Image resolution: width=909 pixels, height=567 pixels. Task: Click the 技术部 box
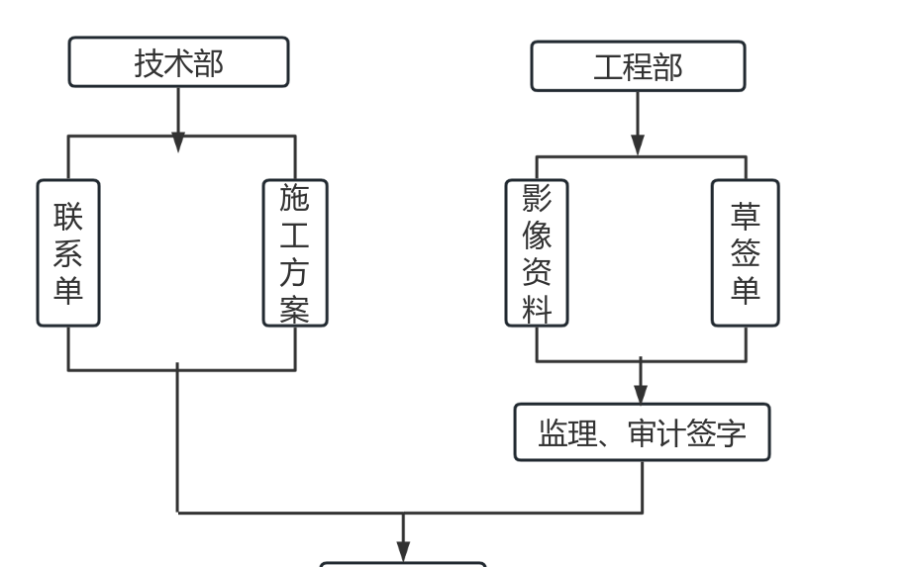(x=178, y=62)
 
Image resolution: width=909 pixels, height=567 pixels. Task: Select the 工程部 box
(x=638, y=66)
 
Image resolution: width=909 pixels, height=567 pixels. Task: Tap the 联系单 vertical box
(x=68, y=253)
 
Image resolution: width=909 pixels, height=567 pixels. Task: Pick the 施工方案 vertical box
(x=295, y=253)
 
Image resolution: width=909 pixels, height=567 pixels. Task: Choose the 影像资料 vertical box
(x=537, y=253)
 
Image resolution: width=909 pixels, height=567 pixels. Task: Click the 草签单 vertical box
(x=745, y=253)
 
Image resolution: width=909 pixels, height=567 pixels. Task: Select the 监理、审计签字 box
(x=643, y=432)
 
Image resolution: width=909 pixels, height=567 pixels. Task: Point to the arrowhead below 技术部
(x=178, y=142)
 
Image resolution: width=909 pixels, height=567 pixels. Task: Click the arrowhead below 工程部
(x=638, y=145)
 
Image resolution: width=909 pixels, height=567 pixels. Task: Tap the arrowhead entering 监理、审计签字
(x=641, y=394)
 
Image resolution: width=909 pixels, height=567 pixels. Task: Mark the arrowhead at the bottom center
(x=403, y=551)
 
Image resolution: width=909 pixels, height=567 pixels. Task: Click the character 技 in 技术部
(x=149, y=63)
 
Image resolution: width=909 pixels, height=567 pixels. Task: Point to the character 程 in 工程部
(x=638, y=67)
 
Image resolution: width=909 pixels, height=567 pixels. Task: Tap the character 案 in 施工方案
(x=294, y=310)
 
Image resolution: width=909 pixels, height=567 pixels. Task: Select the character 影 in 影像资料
(x=537, y=198)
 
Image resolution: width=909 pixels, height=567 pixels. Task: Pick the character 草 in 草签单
(x=745, y=216)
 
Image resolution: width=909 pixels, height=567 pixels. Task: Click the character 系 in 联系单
(x=68, y=253)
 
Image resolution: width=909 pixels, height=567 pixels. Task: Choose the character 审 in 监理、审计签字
(x=642, y=433)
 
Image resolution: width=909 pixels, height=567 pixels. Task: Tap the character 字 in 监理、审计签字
(x=731, y=433)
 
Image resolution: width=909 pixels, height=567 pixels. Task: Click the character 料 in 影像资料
(x=537, y=310)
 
